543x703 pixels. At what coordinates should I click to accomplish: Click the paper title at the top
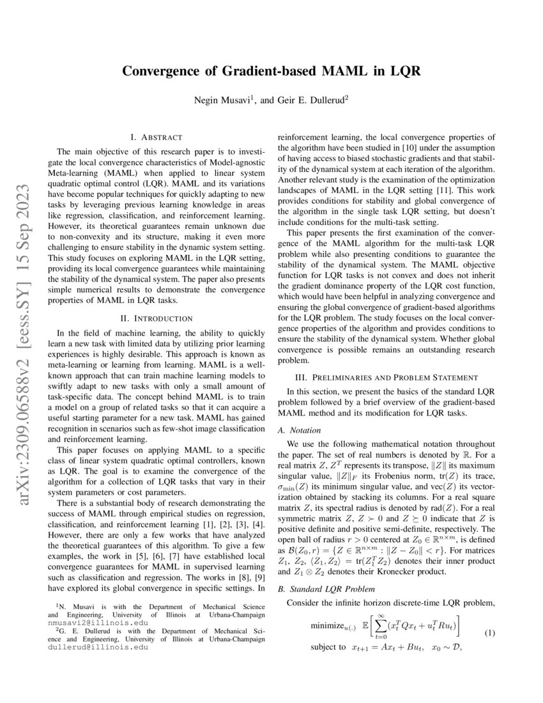click(271, 71)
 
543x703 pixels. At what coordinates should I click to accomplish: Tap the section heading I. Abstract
click(156, 137)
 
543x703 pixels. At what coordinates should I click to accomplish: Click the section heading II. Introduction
click(156, 318)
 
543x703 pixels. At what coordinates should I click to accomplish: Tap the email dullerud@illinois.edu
click(98, 646)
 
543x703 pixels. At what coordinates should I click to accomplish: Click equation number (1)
click(490, 633)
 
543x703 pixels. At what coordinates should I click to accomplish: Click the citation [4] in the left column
click(258, 512)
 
